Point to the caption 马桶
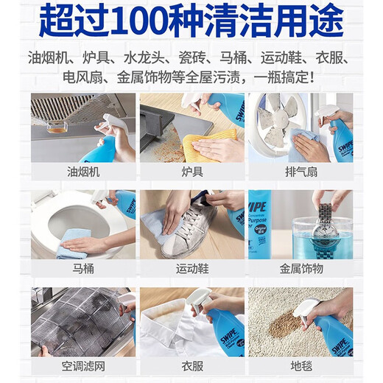83,269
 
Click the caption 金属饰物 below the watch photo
301,269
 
